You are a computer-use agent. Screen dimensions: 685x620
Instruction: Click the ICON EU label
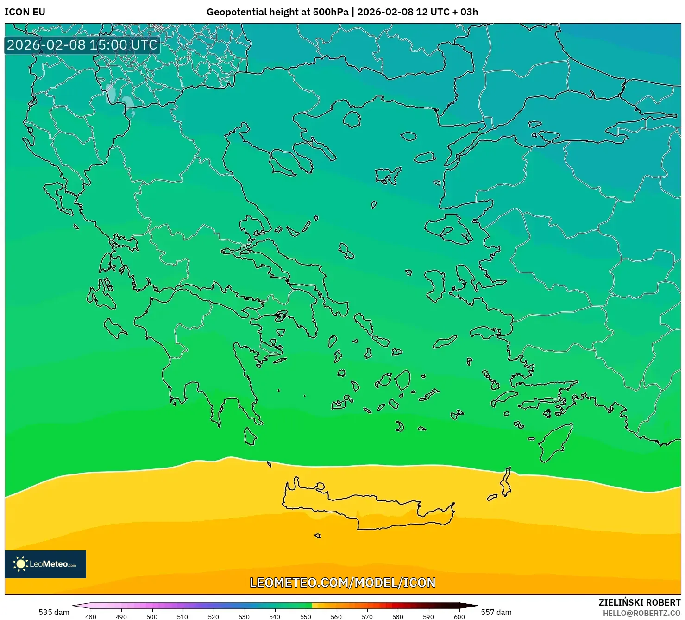pos(25,12)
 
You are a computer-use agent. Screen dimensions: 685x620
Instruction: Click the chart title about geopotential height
pos(342,12)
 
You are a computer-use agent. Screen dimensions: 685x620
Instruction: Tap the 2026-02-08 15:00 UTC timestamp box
pos(82,45)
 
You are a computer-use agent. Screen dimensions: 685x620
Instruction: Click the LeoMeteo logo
pos(45,564)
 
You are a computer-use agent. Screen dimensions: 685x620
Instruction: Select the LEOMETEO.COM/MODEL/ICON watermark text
pos(342,582)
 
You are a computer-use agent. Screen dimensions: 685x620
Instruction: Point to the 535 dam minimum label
pos(54,612)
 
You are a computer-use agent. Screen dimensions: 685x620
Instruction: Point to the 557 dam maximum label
pos(496,612)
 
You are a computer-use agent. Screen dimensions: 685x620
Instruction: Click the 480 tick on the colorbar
pos(91,616)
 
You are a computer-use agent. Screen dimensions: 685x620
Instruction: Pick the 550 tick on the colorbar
pos(306,616)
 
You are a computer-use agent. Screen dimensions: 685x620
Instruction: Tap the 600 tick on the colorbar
pos(459,616)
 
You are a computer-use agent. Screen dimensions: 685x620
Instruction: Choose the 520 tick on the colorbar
pos(214,616)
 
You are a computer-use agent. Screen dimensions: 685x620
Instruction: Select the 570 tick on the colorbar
pos(367,616)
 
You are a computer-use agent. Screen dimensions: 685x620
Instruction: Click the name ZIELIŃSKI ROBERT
pos(640,602)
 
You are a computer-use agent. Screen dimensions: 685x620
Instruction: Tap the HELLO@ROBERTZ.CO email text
pos(641,613)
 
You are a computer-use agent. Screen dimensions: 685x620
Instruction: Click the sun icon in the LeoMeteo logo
pos(20,564)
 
